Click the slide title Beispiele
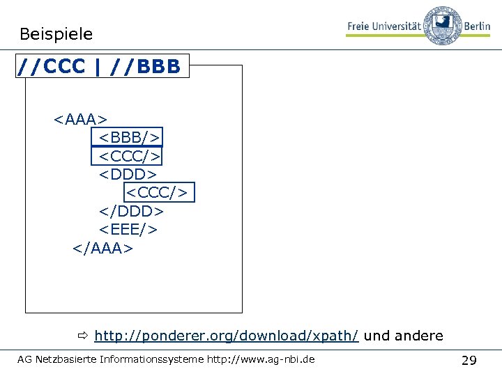(56, 33)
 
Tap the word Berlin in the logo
(478, 26)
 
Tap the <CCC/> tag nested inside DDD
(159, 191)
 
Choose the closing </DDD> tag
(130, 210)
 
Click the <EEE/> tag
(128, 229)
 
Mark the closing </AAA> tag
(102, 248)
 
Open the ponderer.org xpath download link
(227, 336)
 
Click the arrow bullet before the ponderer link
(82, 336)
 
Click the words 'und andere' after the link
(404, 336)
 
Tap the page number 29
(469, 360)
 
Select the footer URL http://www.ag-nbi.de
(261, 359)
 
